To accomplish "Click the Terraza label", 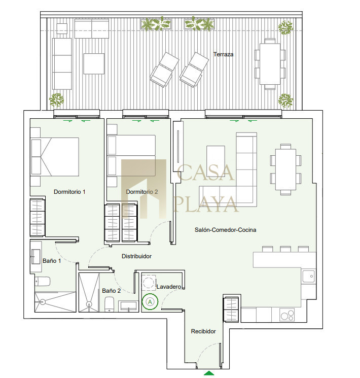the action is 223,54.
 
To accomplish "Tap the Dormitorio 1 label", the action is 69,192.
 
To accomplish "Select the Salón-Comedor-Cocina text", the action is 225,230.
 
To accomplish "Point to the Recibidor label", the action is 203,331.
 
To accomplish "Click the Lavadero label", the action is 169,287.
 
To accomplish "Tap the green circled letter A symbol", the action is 150,302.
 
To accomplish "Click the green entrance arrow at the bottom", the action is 209,373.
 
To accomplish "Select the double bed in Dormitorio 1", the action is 55,157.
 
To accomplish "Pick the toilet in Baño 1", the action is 43,281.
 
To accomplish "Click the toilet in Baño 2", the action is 109,304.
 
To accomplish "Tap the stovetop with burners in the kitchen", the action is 287,315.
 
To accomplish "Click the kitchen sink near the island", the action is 308,276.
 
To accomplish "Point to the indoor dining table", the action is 286,169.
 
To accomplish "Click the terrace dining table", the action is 270,64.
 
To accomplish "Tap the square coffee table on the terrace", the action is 94,63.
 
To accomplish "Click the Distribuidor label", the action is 136,256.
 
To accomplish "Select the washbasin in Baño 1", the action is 35,257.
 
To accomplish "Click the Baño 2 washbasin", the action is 128,306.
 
